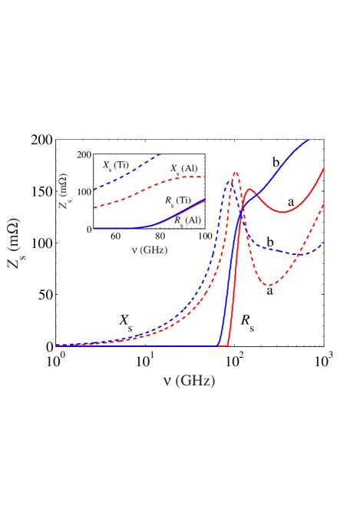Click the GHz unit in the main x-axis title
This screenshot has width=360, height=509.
pyautogui.click(x=197, y=381)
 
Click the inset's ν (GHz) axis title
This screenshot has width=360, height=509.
pyautogui.click(x=149, y=250)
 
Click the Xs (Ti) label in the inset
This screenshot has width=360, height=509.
pyautogui.click(x=116, y=165)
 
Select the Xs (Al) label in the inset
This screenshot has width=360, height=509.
pyautogui.click(x=183, y=168)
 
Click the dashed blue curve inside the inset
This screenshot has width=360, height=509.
pyautogui.click(x=130, y=171)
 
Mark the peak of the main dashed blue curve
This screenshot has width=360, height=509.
pyautogui.click(x=229, y=180)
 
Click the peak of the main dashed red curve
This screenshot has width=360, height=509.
pyautogui.click(x=236, y=173)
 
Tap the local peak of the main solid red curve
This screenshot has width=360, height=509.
pyautogui.click(x=249, y=189)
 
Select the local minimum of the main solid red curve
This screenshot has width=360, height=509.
pyautogui.click(x=282, y=212)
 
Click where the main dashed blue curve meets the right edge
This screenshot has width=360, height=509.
pyautogui.click(x=323, y=243)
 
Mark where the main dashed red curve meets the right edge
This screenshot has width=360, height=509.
pyautogui.click(x=323, y=205)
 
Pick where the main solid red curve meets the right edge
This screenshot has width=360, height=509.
pyautogui.click(x=323, y=169)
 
